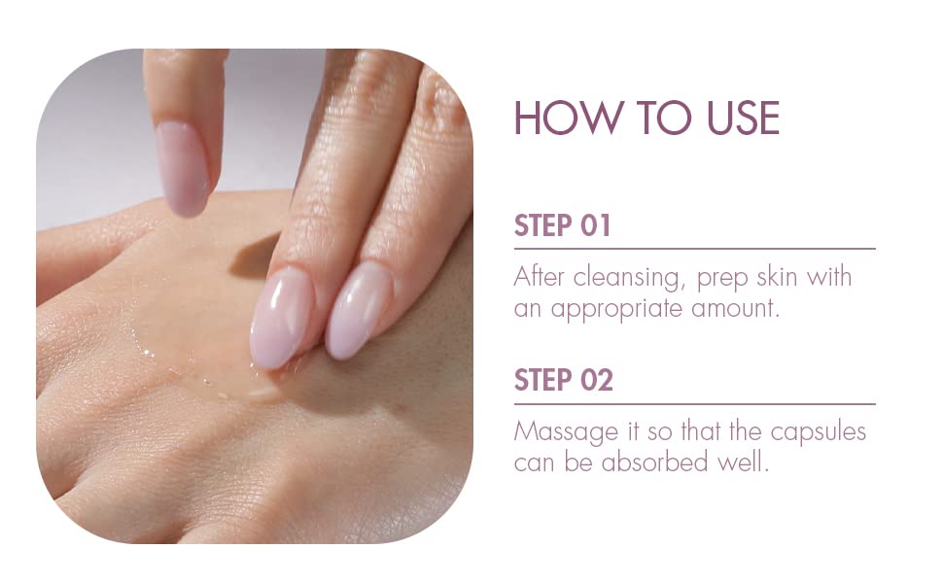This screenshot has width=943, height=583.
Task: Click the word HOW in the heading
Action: (566, 118)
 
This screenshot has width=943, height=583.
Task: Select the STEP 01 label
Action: (562, 225)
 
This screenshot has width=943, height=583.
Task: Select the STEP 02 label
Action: (564, 380)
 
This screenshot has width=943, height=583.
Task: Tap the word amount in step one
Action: (735, 309)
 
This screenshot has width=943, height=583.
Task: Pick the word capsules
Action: (818, 432)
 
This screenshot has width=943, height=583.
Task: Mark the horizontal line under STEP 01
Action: (695, 248)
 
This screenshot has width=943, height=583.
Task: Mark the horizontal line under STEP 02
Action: (695, 404)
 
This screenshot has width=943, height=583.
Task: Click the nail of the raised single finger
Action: (182, 168)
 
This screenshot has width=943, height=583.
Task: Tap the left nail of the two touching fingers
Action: (282, 319)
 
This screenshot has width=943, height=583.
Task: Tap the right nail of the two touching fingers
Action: (359, 311)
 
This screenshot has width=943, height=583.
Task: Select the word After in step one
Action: (540, 277)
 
